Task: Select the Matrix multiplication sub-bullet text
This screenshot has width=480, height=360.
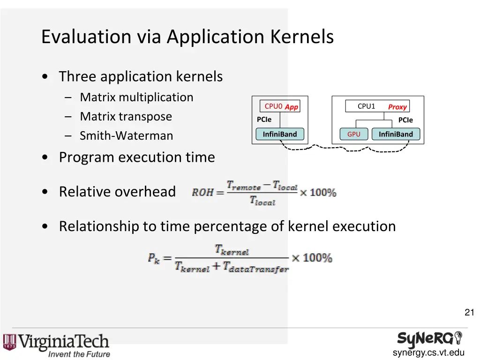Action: coord(136,97)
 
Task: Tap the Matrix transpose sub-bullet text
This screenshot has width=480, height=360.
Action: coord(126,116)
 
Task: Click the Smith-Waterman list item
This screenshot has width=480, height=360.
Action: coord(126,136)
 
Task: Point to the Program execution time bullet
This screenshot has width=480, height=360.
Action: coord(137,157)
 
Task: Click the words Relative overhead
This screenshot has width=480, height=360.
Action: coord(117,192)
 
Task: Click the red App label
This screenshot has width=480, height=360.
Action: coord(292,107)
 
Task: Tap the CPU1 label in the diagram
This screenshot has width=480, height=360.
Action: coord(366,106)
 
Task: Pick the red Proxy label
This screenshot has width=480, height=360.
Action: coord(397,107)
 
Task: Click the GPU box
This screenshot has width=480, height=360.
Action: coord(354,135)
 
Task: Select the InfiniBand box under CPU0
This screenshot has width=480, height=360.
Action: coord(280,135)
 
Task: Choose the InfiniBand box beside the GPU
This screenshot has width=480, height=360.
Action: coord(396,135)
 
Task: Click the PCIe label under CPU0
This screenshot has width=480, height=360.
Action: coord(264,120)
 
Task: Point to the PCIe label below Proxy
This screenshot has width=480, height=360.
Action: coord(405,120)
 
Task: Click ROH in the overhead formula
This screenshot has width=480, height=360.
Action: coord(202,192)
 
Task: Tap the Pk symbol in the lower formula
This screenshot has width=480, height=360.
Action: coord(154,258)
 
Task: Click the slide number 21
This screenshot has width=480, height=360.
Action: coord(469,313)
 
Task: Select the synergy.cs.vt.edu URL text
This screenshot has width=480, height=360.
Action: coord(428,353)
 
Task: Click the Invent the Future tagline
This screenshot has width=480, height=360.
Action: coord(79,354)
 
